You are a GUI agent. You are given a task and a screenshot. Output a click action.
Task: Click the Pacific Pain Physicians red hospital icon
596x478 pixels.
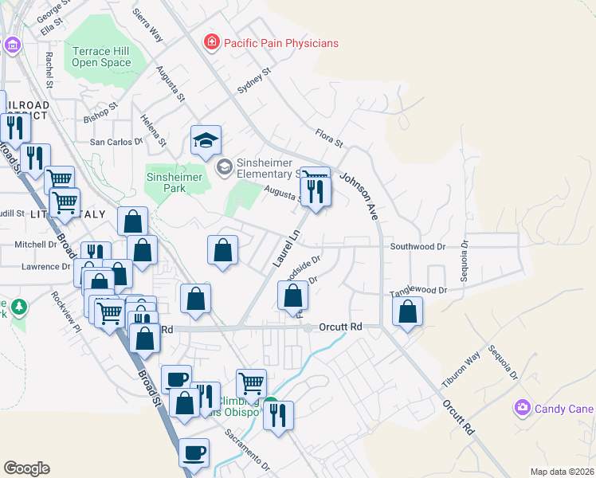point(211,42)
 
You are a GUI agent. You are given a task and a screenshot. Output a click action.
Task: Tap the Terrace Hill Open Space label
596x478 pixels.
point(101,57)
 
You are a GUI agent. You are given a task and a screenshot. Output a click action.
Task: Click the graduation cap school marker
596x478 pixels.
point(206,141)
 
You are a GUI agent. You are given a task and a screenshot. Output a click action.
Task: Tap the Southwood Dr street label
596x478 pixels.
point(418,247)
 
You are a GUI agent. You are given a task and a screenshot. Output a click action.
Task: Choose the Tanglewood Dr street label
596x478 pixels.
point(418,292)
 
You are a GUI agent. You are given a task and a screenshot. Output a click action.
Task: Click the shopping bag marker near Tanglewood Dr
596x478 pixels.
point(407,312)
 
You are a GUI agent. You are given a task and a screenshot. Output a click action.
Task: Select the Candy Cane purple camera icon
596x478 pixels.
point(522,408)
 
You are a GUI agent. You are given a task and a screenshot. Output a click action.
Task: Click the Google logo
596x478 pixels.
point(26,468)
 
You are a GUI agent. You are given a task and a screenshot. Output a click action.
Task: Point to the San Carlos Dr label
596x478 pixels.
point(116,141)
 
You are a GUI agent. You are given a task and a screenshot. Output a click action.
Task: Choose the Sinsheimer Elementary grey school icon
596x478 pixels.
point(225,166)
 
